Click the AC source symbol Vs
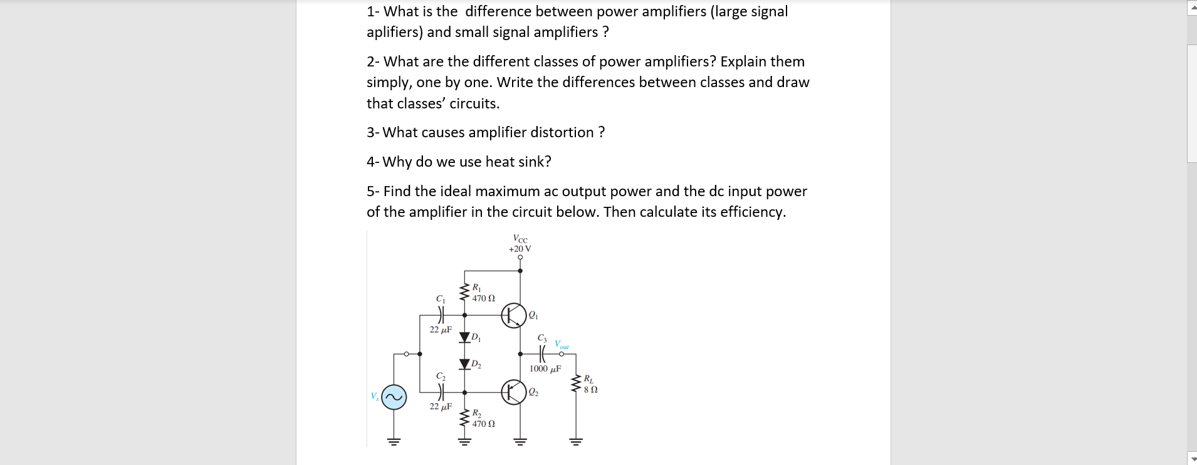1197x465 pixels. pos(394,397)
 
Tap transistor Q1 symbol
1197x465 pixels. pos(513,315)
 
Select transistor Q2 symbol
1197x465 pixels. pos(513,392)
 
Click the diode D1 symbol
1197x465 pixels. pos(464,338)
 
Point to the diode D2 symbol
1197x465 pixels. pos(464,363)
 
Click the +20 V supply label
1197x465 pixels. pos(520,249)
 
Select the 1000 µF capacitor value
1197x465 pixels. pos(545,368)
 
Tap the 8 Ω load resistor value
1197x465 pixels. pos(590,389)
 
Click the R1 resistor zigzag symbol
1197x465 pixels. pos(464,292)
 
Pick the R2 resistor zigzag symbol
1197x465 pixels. pos(464,418)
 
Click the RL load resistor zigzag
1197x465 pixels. pos(576,383)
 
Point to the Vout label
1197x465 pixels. pos(562,345)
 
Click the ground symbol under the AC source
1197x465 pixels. pos(394,441)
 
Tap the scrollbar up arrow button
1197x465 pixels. pos(1192,8)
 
